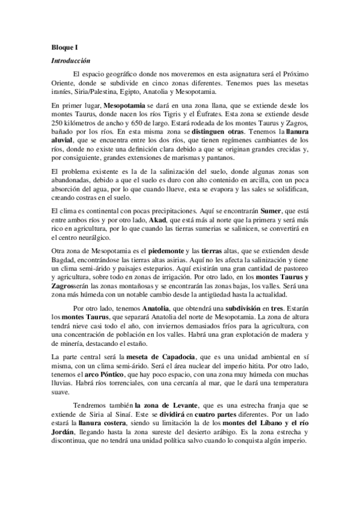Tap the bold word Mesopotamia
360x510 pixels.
pos(124,104)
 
